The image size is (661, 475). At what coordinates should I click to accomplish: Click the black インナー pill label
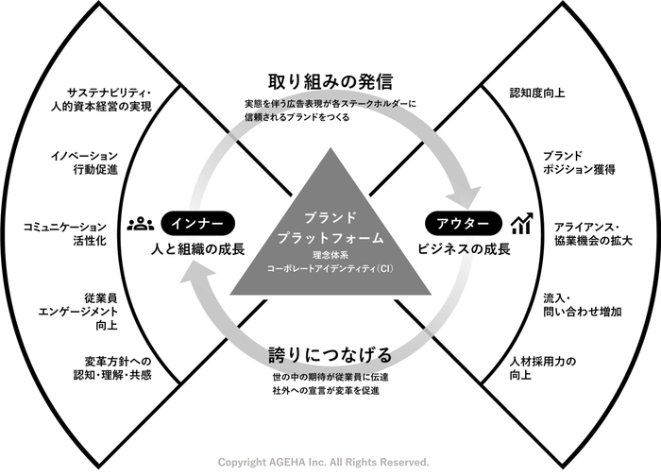[197, 223]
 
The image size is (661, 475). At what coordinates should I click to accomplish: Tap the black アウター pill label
[464, 223]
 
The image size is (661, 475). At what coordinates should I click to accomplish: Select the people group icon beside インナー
[141, 224]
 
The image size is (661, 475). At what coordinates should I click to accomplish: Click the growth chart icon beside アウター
[522, 223]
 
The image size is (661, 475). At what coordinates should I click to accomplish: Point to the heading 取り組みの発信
[330, 81]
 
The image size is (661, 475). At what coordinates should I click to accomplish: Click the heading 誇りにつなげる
[330, 355]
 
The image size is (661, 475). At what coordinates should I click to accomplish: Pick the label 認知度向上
[536, 93]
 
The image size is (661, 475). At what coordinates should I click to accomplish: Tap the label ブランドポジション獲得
[578, 162]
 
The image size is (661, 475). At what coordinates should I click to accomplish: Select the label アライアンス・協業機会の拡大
[593, 234]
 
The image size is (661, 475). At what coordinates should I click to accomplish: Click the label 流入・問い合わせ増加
[582, 305]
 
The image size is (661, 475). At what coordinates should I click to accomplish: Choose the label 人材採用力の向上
[542, 368]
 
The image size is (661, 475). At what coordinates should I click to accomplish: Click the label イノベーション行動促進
[84, 162]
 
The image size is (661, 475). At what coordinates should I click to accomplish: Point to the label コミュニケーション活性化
[64, 234]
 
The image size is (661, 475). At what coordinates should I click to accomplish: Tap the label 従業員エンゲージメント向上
[77, 312]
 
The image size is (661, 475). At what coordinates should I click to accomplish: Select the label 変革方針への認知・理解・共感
[112, 368]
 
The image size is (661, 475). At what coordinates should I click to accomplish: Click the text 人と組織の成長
[197, 249]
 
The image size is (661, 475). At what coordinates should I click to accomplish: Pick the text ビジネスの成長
[464, 249]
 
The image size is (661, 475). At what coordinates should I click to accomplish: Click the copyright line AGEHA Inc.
[323, 463]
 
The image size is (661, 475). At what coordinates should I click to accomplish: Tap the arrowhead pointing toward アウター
[465, 195]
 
